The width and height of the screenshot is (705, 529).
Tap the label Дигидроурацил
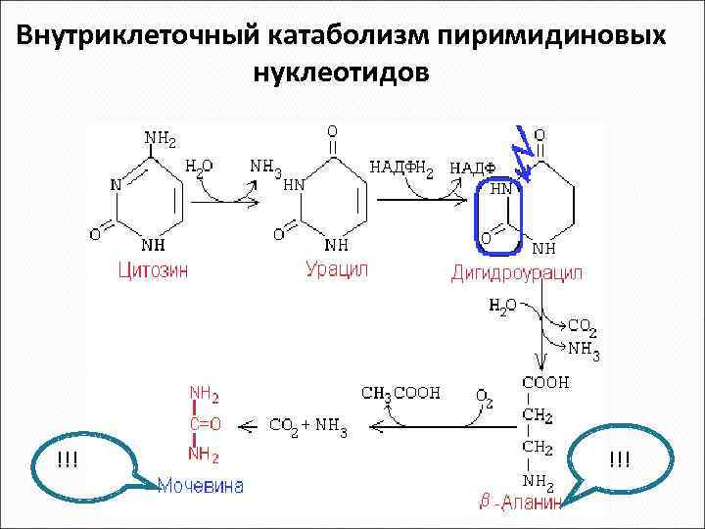pos(516,274)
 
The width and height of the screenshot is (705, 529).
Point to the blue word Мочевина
pos(202,486)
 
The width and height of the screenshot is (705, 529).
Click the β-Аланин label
pos(521,504)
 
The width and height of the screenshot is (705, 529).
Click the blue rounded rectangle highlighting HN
pos(499,215)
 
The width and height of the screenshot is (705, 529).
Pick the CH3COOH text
pos(400,394)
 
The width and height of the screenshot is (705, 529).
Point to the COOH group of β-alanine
pos(548,383)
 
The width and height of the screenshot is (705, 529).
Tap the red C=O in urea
pos(204,424)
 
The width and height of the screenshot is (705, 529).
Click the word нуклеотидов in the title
pos(340,73)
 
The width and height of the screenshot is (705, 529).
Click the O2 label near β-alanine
pos(485,396)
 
